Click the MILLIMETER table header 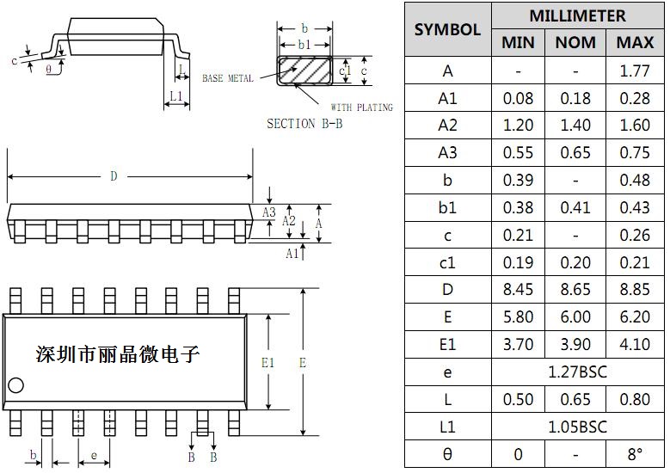577,15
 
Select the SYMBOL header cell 447,29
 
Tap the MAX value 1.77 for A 635,71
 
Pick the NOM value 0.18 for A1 575,99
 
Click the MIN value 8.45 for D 518,290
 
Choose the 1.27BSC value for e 576,372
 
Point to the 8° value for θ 635,454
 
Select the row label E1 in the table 447,345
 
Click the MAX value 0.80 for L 635,400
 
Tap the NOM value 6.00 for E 575,317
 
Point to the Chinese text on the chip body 117,353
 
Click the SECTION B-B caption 304,124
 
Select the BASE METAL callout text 228,79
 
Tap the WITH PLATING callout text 361,107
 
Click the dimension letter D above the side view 114,176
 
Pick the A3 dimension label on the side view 269,212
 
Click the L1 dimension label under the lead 176,96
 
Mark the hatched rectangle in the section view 305,70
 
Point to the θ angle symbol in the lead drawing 48,68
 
